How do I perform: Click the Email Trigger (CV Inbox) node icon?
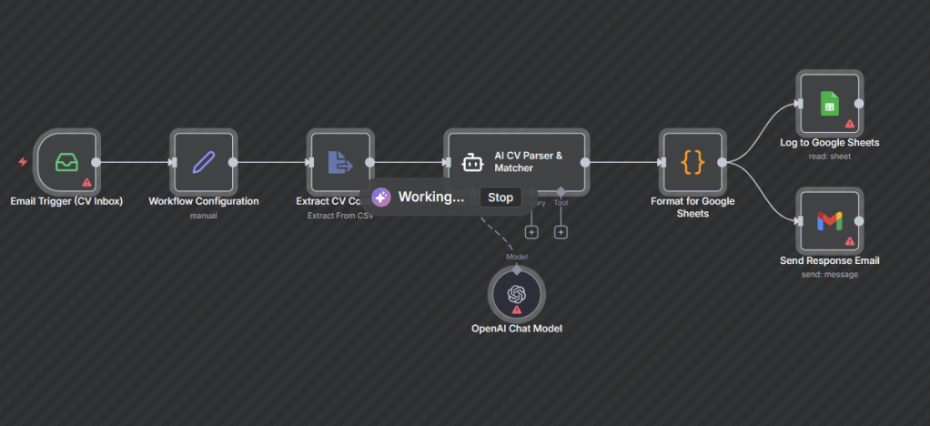point(66,162)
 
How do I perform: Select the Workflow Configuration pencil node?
point(203,162)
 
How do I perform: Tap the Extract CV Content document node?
point(340,162)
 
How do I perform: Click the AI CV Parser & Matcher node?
point(516,161)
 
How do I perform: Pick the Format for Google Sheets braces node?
point(692,162)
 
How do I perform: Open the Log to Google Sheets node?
point(829,103)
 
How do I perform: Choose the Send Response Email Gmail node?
point(829,220)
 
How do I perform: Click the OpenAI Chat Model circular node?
point(517,293)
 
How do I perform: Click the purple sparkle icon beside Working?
point(381,198)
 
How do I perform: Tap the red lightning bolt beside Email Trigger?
point(23,162)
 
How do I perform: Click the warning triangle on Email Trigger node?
point(87,182)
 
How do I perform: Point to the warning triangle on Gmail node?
point(850,241)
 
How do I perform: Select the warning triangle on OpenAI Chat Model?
point(517,309)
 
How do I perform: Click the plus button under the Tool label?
point(561,232)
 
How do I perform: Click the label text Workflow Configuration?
point(203,201)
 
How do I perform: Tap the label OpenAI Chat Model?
point(516,328)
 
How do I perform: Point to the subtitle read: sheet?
point(829,156)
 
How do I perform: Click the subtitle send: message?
point(829,273)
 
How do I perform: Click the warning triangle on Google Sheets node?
point(850,123)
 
